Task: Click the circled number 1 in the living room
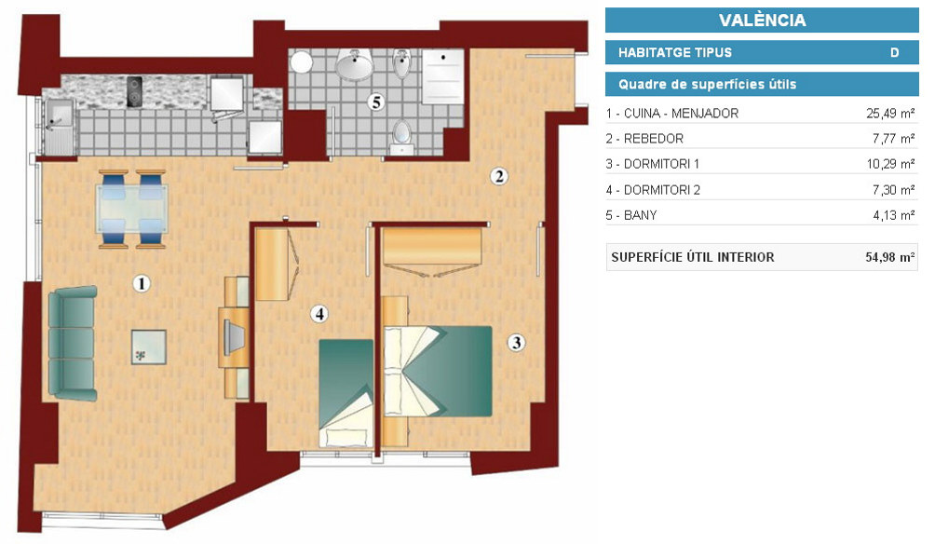(142, 283)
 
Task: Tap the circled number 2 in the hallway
(499, 176)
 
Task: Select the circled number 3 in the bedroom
(517, 343)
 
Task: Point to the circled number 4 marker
(319, 313)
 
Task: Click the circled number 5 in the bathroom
(376, 102)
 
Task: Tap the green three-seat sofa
(72, 343)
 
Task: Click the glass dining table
(132, 208)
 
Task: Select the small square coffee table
(148, 347)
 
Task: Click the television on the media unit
(233, 337)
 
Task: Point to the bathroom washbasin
(354, 64)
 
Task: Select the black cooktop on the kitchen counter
(135, 91)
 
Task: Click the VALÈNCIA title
(762, 20)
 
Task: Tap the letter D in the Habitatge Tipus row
(894, 52)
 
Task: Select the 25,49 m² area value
(890, 114)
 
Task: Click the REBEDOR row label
(653, 139)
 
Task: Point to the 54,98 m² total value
(889, 257)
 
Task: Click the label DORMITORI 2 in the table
(662, 190)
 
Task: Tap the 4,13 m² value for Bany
(894, 215)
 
